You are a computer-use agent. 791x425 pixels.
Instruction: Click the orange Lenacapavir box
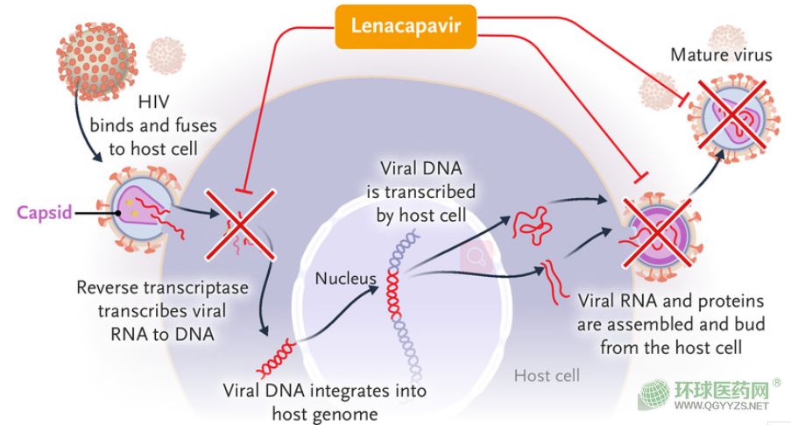[406, 25]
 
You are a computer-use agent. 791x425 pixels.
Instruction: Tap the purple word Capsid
[46, 212]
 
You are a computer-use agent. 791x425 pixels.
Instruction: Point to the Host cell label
[546, 376]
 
